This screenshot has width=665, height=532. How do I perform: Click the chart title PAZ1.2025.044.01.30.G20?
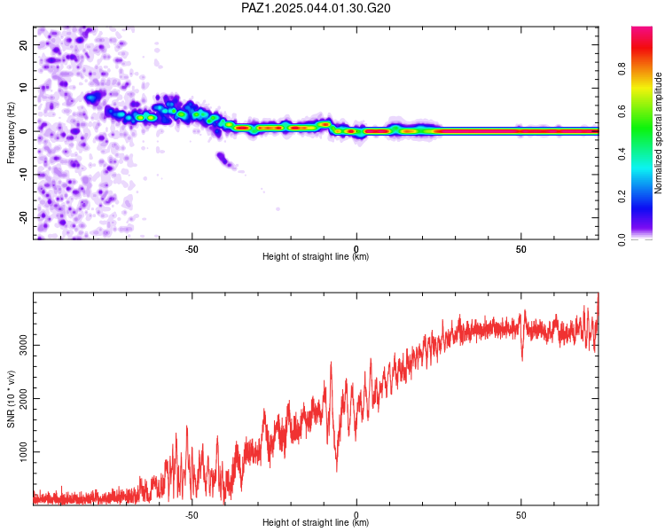point(316,8)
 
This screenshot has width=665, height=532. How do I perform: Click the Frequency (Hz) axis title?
point(11,133)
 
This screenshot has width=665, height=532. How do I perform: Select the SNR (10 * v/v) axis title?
point(11,399)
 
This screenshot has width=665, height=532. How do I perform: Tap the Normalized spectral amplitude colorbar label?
point(658,133)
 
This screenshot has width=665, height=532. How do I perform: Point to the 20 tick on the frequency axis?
point(23,45)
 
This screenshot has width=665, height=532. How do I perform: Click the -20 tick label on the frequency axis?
point(23,217)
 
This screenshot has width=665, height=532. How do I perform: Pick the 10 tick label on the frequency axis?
point(23,88)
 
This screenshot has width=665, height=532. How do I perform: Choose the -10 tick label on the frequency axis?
point(23,175)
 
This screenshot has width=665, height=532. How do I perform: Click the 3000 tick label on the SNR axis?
point(23,345)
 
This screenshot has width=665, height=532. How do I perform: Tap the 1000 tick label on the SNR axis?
point(23,452)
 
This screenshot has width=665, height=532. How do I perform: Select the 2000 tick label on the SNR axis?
point(23,398)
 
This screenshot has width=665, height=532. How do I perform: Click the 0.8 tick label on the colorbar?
point(622,69)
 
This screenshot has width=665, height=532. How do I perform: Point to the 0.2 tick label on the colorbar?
point(622,197)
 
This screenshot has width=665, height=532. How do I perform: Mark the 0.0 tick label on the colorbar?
point(622,239)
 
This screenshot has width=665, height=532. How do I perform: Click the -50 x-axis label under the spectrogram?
point(192,249)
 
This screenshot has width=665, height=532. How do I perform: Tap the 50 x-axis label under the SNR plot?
point(520,515)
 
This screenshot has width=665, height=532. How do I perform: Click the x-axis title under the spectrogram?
point(316,256)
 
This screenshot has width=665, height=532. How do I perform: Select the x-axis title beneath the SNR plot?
point(316,522)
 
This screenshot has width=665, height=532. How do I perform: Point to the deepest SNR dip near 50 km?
point(522,360)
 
